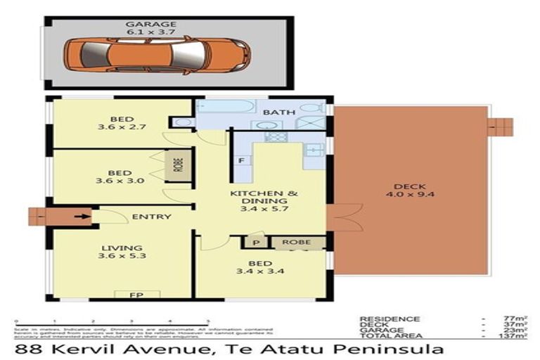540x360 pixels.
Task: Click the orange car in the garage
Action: click(156, 54)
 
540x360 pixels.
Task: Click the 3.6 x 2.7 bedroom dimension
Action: click(120, 129)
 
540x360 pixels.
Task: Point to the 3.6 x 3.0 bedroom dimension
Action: click(120, 181)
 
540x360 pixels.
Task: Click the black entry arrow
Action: click(82, 216)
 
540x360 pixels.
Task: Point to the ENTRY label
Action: click(151, 217)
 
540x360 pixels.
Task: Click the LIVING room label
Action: click(121, 248)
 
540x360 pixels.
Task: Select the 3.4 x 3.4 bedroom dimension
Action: click(259, 271)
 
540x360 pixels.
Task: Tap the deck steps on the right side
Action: click(501, 127)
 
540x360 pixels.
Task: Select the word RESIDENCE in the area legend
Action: click(390, 319)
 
